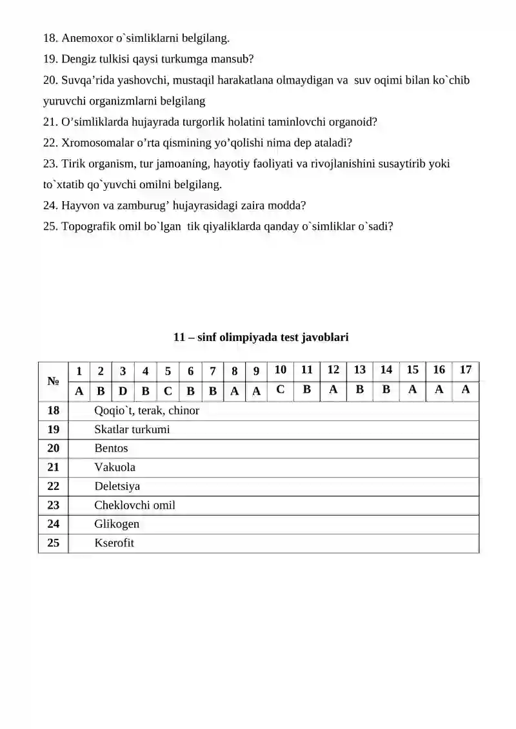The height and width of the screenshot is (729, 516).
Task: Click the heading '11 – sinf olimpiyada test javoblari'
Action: click(x=261, y=336)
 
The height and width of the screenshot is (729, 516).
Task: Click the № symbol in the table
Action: click(x=53, y=381)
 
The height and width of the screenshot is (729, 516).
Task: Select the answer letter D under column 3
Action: click(x=123, y=391)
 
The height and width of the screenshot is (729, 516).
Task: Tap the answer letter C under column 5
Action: click(x=168, y=391)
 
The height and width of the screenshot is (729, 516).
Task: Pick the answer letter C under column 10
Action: click(x=280, y=389)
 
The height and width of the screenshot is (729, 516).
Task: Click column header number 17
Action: click(x=465, y=370)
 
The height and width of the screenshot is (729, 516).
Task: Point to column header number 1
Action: click(x=79, y=371)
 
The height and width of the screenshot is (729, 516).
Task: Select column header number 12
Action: click(x=333, y=370)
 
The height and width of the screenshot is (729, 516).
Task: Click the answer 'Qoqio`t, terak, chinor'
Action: click(x=146, y=411)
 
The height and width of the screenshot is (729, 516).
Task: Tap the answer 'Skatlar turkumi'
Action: click(x=132, y=429)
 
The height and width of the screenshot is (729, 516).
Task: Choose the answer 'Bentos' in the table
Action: click(x=111, y=448)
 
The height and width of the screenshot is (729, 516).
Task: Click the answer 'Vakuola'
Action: click(x=115, y=467)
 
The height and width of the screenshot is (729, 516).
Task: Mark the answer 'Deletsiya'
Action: click(x=117, y=486)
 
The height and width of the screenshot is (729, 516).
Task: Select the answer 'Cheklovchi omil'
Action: click(x=134, y=505)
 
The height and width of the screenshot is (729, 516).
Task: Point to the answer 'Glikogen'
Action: click(x=116, y=524)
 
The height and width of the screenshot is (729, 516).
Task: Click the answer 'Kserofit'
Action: click(x=114, y=543)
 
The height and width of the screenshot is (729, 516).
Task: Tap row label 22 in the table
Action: click(x=53, y=486)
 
